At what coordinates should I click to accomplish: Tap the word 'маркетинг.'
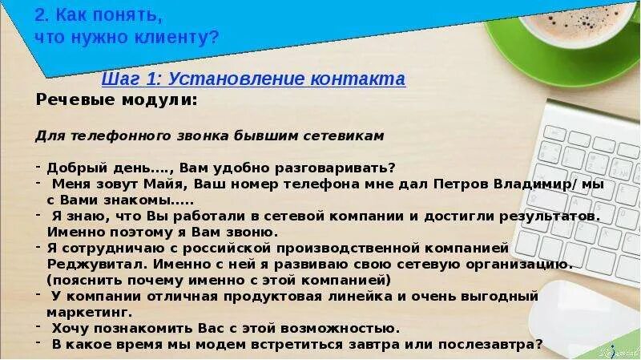click(x=88, y=312)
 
